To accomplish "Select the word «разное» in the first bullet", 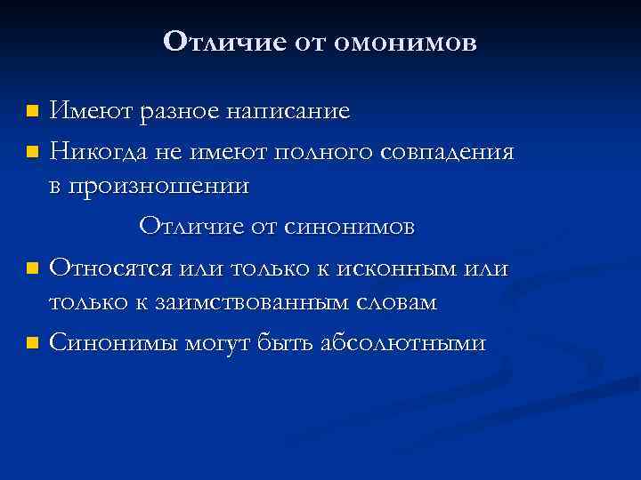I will [186, 111].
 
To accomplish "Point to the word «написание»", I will [291, 111].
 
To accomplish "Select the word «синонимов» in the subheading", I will [350, 227].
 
